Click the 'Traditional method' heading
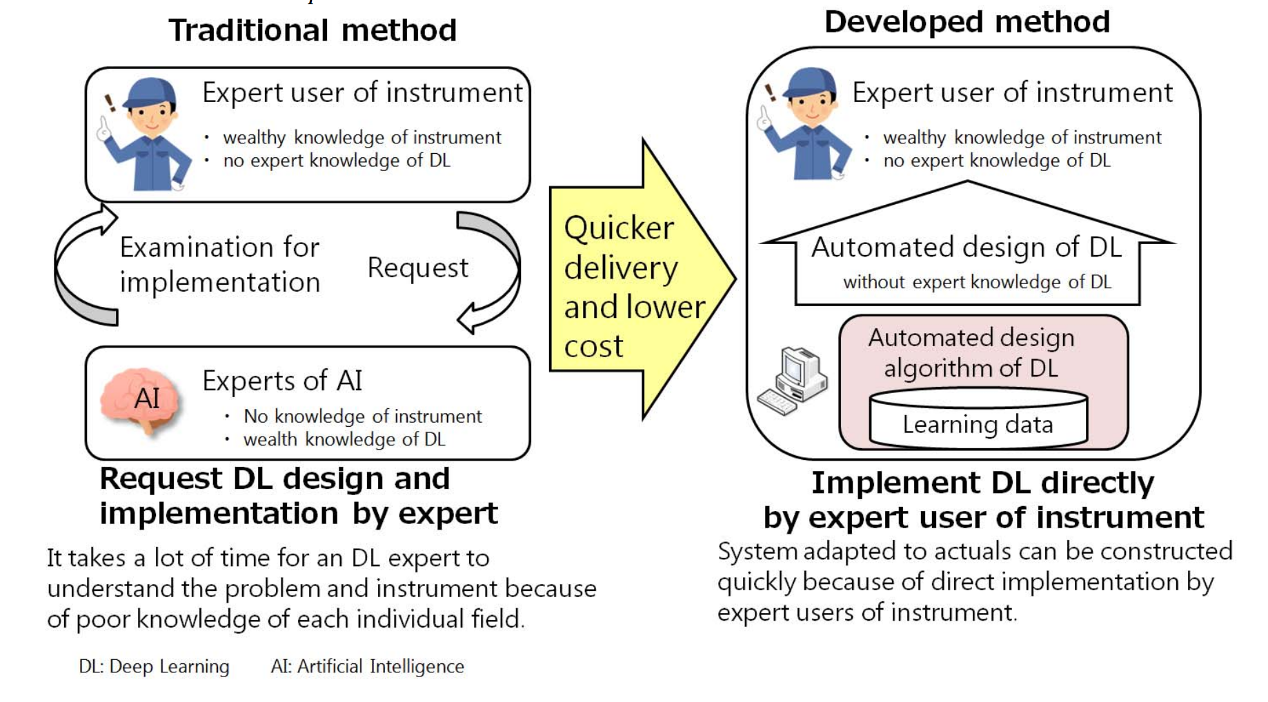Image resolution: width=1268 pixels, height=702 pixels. pos(313,30)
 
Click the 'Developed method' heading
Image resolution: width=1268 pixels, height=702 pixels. pos(967,22)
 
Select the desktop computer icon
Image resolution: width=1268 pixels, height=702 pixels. pos(793,381)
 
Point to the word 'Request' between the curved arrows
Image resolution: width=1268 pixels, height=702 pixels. pos(417,268)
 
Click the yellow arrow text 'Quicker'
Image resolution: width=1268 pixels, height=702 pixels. pos(619,228)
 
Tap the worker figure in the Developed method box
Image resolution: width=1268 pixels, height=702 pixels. pos(806,124)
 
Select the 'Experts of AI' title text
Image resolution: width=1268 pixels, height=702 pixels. pos(282,381)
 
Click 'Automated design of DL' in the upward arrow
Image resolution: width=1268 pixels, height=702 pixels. pos(966,247)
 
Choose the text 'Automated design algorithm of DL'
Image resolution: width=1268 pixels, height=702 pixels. pos(971,352)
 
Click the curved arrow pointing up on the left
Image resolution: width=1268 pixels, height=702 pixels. pos(79,265)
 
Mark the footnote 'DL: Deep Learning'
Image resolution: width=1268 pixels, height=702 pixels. pos(154,667)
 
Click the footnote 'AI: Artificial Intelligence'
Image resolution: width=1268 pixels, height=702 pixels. pos(367,667)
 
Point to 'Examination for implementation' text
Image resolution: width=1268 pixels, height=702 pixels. pos(219,265)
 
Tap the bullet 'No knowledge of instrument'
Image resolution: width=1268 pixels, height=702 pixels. pos(362,417)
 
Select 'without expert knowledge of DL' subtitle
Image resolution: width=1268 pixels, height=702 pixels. pos(977,282)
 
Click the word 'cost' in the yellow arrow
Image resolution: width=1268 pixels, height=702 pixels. pos(593,346)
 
